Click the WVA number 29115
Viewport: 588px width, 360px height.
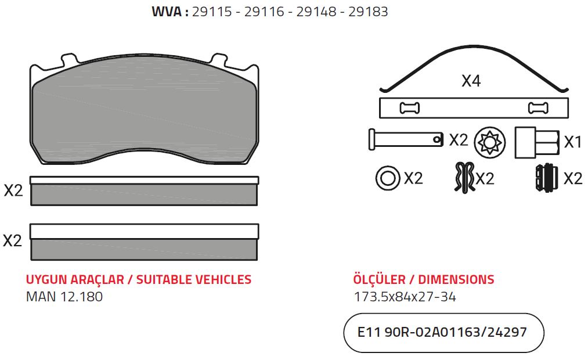point(212,12)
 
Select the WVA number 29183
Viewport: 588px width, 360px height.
point(368,12)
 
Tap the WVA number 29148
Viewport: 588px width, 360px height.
point(316,12)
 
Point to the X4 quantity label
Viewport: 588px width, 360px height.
point(471,81)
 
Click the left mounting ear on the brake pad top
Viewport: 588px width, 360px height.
point(70,59)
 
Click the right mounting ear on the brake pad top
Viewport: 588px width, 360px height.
point(218,59)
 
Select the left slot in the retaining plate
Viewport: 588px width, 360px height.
point(409,108)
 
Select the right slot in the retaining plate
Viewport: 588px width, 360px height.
point(538,108)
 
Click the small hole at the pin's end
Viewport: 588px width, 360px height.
point(437,140)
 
